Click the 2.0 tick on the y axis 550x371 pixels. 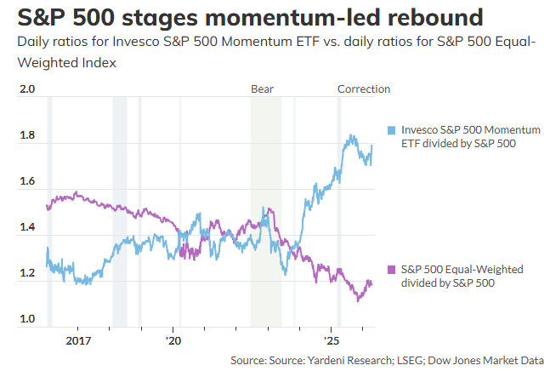coord(28,89)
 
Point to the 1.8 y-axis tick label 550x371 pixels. coord(28,135)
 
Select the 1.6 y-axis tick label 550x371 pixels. coord(28,181)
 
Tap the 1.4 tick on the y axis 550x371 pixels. coord(28,227)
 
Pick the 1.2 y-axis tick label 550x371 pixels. coord(28,273)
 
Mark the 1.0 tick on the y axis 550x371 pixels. coord(28,319)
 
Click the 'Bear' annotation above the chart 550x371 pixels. coord(262,88)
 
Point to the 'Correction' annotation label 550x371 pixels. coord(364,88)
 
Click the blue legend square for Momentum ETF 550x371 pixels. coord(391,129)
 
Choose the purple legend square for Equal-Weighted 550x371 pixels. coord(391,270)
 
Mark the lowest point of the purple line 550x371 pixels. coord(358,300)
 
